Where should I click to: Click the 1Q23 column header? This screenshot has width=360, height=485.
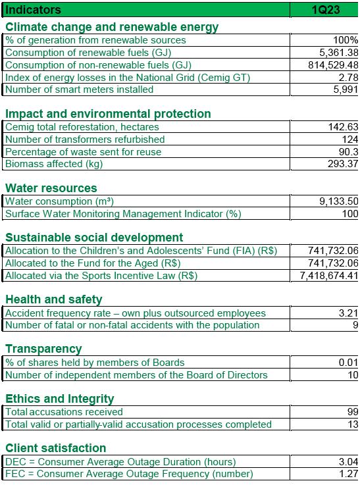[326, 10]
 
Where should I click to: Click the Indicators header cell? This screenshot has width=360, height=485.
[33, 10]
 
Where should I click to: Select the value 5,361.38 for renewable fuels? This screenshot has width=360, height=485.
[339, 53]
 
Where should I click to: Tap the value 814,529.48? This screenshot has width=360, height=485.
[333, 65]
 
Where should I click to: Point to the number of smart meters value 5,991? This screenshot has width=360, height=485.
[346, 89]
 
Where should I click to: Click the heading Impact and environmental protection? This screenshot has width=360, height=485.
[108, 114]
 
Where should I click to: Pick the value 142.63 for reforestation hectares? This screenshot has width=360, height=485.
[343, 127]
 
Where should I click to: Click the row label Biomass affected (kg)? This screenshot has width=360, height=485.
[54, 164]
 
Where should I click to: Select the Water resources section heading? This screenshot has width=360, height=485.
[51, 188]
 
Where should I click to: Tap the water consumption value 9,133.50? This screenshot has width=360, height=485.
[339, 201]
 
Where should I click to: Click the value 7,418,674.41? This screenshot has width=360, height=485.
[329, 276]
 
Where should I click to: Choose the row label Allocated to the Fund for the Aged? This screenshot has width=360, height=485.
[93, 263]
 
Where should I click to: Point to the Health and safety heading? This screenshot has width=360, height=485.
[54, 299]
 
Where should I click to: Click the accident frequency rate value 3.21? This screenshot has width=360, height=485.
[348, 313]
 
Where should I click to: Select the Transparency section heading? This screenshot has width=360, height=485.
[43, 349]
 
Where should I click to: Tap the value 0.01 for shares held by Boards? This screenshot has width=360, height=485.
[348, 363]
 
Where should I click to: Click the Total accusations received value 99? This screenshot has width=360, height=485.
[353, 412]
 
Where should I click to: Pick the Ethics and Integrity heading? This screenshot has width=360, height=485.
[60, 399]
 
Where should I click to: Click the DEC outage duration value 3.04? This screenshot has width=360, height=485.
[348, 462]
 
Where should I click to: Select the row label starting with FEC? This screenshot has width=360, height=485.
[129, 474]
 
